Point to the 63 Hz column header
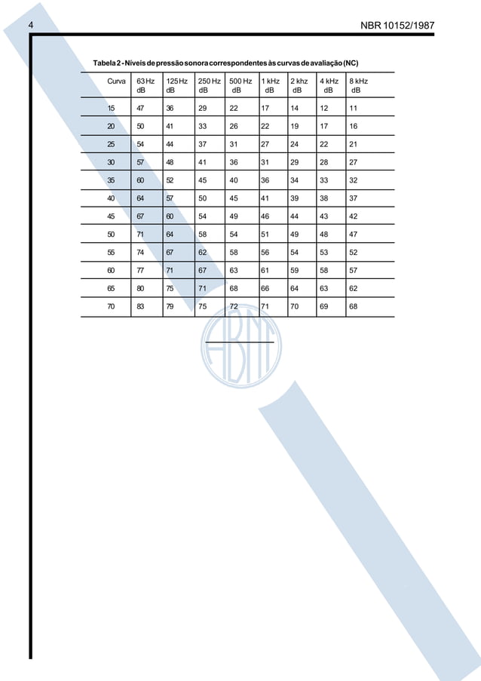(x=145, y=84)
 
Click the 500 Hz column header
(x=240, y=84)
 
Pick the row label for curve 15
(x=112, y=108)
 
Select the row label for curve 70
(x=112, y=306)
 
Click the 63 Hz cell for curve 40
(x=141, y=198)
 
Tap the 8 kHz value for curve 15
(x=354, y=108)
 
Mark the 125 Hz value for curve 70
(x=171, y=306)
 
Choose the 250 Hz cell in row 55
(x=203, y=253)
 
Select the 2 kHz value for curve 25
(x=294, y=144)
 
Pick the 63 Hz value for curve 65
(x=141, y=288)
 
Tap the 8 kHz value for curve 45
(x=354, y=216)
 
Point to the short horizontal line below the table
(x=238, y=342)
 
